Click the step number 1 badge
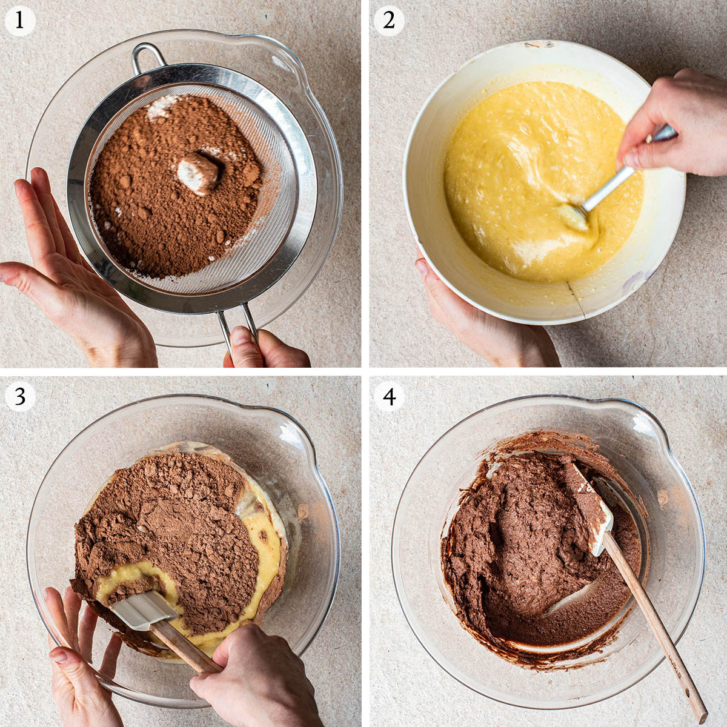[19, 21]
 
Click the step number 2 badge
[389, 21]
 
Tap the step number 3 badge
[19, 396]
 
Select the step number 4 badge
[389, 396]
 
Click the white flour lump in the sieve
[198, 173]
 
